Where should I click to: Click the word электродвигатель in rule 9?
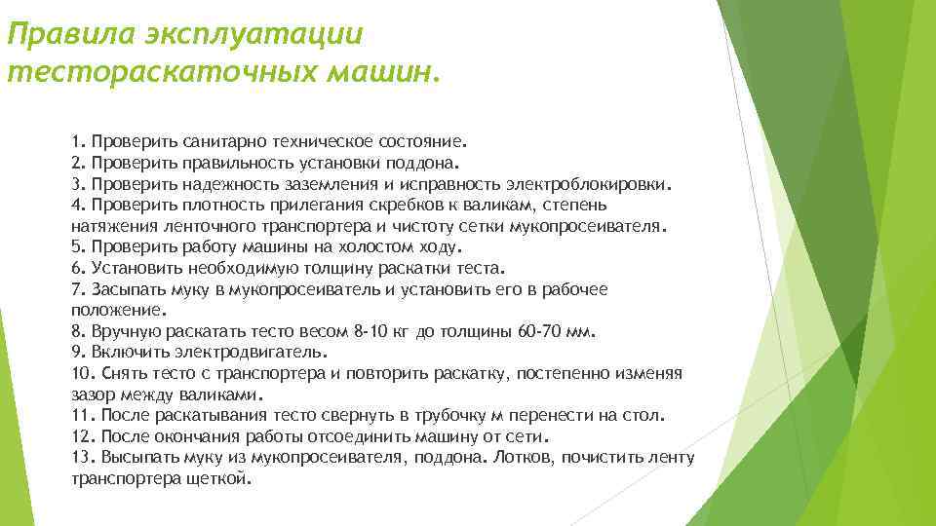point(253,352)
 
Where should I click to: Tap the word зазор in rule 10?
point(93,395)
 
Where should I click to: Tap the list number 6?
point(77,268)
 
